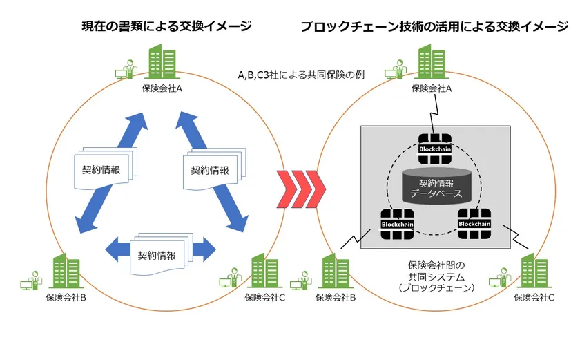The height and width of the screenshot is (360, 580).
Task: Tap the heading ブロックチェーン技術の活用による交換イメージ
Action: [x=434, y=27]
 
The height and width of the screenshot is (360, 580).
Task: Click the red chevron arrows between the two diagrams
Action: [x=298, y=187]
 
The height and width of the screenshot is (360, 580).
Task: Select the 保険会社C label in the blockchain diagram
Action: [x=534, y=297]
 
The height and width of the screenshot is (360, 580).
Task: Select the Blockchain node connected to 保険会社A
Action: [x=435, y=147]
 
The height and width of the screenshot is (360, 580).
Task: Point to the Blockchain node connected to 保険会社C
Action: [x=474, y=222]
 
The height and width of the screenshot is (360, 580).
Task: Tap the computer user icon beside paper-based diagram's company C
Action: [x=230, y=281]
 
